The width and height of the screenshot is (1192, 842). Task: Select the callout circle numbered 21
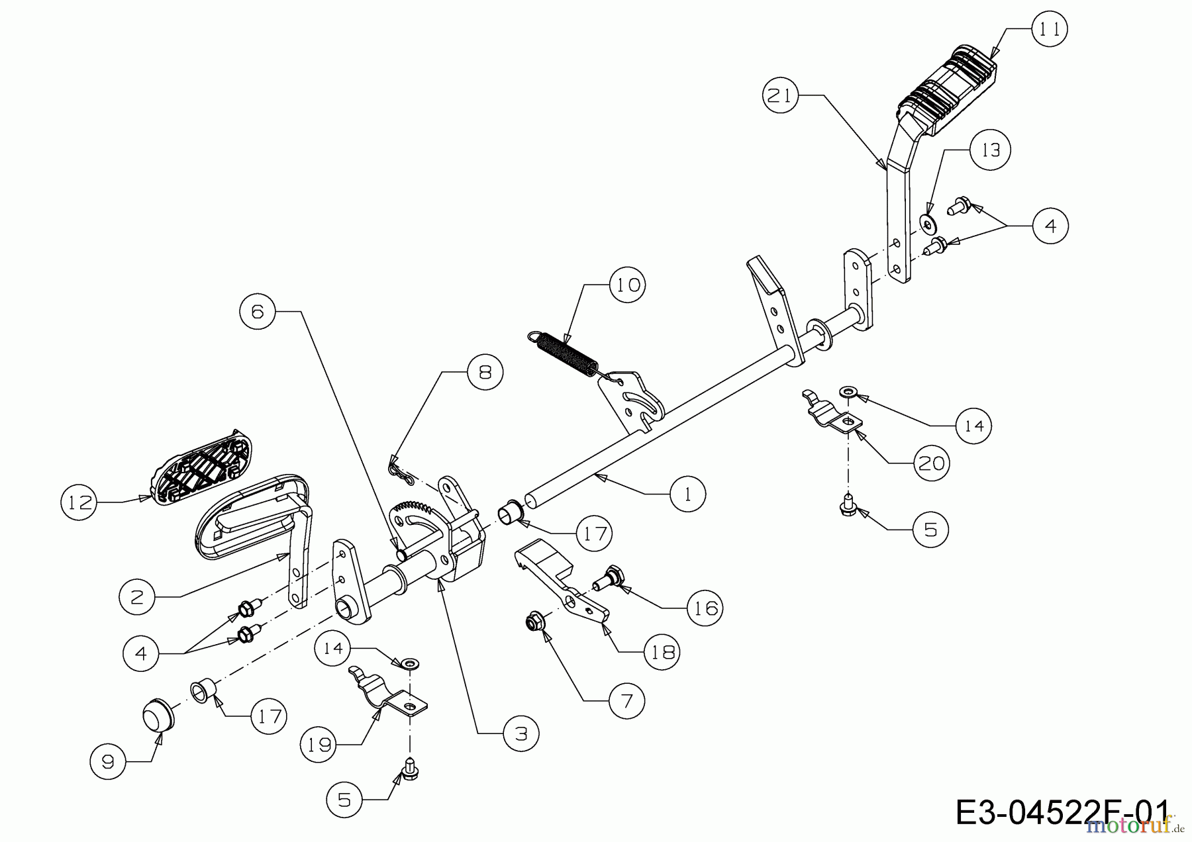(x=779, y=96)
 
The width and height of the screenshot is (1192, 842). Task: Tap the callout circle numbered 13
(x=990, y=150)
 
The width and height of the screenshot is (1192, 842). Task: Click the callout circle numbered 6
(x=258, y=311)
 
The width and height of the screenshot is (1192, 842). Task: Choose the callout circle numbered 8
(x=485, y=372)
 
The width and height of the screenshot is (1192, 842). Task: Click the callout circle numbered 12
(x=78, y=502)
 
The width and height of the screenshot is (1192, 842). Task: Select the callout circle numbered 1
(x=687, y=494)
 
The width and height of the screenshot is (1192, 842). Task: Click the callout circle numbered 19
(x=319, y=745)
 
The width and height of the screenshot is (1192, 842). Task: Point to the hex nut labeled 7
(x=533, y=622)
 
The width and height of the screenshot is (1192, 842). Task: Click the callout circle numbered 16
(x=705, y=608)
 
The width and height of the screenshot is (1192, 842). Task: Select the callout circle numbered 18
(x=662, y=652)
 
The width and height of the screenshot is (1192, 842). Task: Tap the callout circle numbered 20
(x=931, y=463)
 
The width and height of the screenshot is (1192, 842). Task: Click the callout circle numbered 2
(x=137, y=597)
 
